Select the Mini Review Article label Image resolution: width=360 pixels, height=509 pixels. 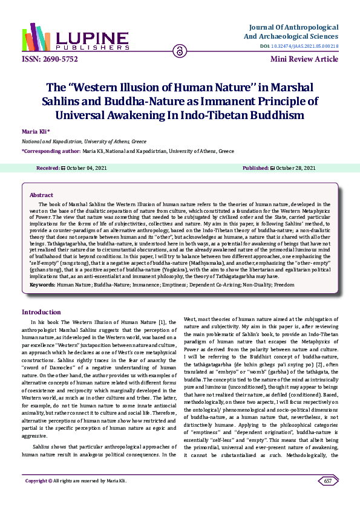[304, 59]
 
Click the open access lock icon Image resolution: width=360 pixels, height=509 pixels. [179, 52]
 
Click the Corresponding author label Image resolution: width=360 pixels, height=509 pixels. [51, 151]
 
